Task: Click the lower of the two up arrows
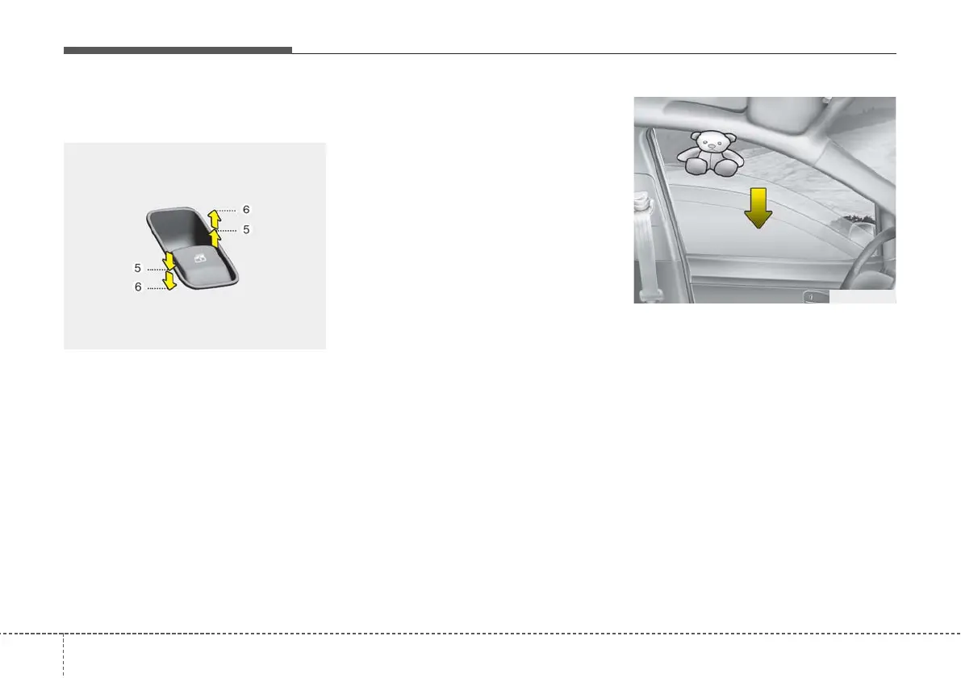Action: (214, 237)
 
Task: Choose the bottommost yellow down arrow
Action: (169, 280)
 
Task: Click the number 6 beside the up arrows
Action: (246, 209)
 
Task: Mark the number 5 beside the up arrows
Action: (246, 229)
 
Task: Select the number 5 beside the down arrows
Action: (138, 266)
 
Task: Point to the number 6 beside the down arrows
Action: (138, 287)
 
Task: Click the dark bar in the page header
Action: (178, 50)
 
